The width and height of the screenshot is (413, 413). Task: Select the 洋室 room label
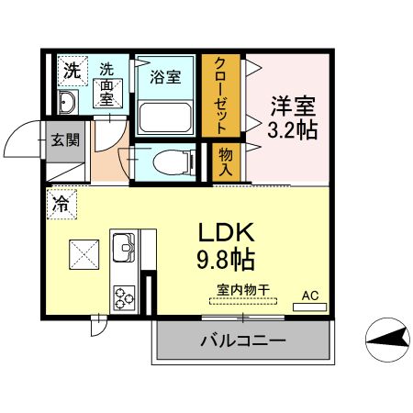tap(292, 104)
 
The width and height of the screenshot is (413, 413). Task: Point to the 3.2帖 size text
tap(292, 129)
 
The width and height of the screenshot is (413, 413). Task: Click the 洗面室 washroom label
tap(108, 83)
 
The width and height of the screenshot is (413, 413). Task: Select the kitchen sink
tap(123, 247)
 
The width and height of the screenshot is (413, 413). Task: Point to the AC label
tap(311, 296)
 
